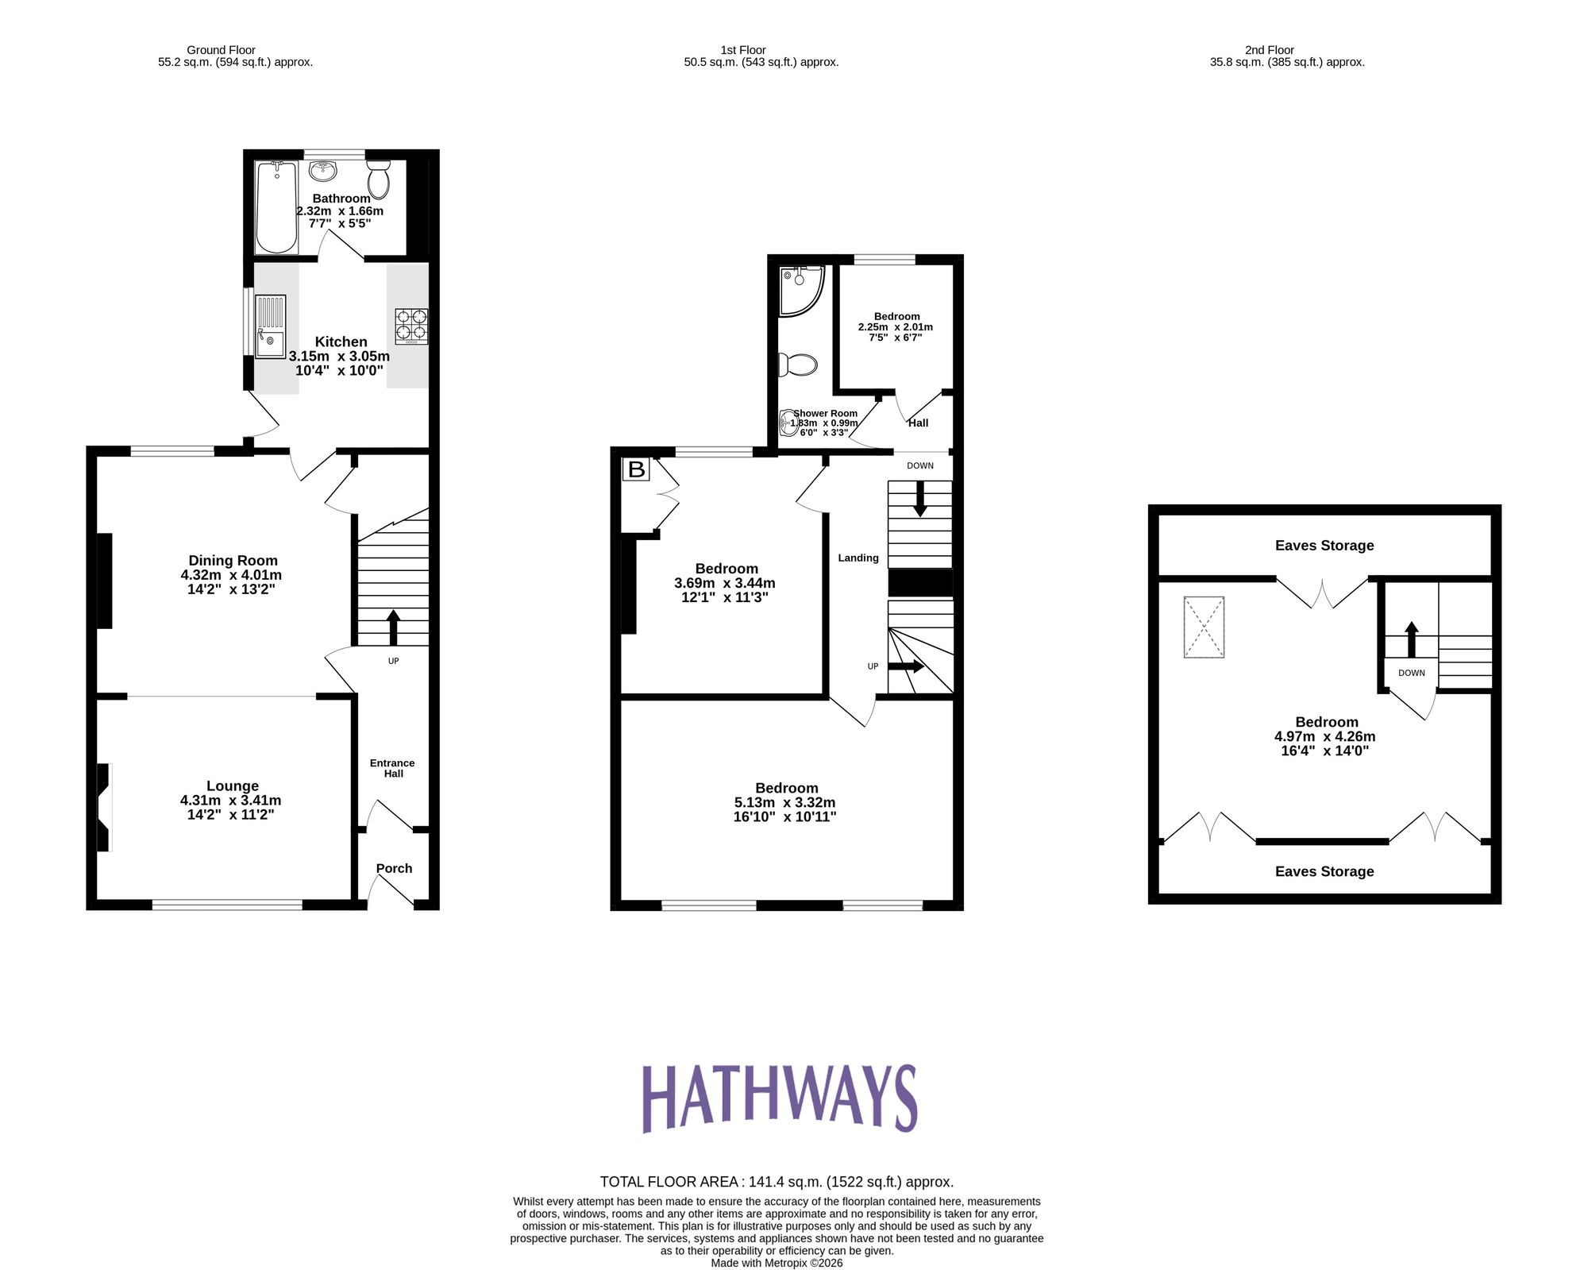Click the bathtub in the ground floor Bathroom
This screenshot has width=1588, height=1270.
point(276,207)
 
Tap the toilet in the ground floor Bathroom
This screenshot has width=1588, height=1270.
point(379,179)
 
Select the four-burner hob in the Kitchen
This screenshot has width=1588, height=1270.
point(411,326)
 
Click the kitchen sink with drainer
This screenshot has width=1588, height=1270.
point(270,326)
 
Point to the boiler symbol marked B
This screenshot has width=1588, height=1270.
point(636,469)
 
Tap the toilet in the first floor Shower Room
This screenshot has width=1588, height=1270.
point(797,365)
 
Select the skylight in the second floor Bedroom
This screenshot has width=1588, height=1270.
point(1204,627)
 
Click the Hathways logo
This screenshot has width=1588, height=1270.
point(779,1098)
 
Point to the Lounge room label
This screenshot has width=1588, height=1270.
point(232,786)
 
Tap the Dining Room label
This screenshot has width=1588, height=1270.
point(233,561)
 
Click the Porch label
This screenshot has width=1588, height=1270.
point(394,868)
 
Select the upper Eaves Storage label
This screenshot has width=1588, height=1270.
point(1324,546)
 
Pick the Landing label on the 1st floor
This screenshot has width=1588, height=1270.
point(858,558)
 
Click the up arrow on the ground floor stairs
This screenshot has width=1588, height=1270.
point(393,627)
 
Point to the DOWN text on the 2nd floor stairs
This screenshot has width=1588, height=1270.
point(1411,673)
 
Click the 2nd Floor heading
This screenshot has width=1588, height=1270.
point(1269,50)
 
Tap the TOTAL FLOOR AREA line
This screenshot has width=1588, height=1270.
point(776,1181)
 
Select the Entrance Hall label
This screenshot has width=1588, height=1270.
point(393,768)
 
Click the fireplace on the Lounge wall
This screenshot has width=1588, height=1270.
point(103,807)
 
